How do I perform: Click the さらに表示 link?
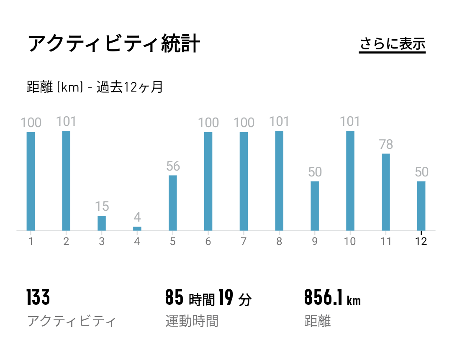pyautogui.click(x=392, y=44)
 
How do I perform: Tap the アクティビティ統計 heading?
pyautogui.click(x=114, y=44)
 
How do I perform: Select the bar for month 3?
pyautogui.click(x=102, y=223)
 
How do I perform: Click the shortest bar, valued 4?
pyautogui.click(x=137, y=228)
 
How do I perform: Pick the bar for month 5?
pyautogui.click(x=173, y=203)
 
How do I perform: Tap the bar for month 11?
pyautogui.click(x=386, y=192)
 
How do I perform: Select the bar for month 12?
pyautogui.click(x=421, y=206)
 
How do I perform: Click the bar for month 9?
pyautogui.click(x=315, y=206)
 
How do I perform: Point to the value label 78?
pyautogui.click(x=386, y=145)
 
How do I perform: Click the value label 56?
pyautogui.click(x=173, y=166)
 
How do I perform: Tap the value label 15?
pyautogui.click(x=102, y=207)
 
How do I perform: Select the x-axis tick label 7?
pyautogui.click(x=244, y=242)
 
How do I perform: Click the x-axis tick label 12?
pyautogui.click(x=421, y=242)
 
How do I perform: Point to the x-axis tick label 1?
pyautogui.click(x=31, y=242)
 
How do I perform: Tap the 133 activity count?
pyautogui.click(x=38, y=298)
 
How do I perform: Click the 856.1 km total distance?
pyautogui.click(x=332, y=298)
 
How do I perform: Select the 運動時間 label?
pyautogui.click(x=192, y=321)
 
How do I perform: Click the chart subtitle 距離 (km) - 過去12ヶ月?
pyautogui.click(x=95, y=87)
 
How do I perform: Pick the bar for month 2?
pyautogui.click(x=66, y=181)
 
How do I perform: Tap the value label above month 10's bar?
pyautogui.click(x=350, y=122)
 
